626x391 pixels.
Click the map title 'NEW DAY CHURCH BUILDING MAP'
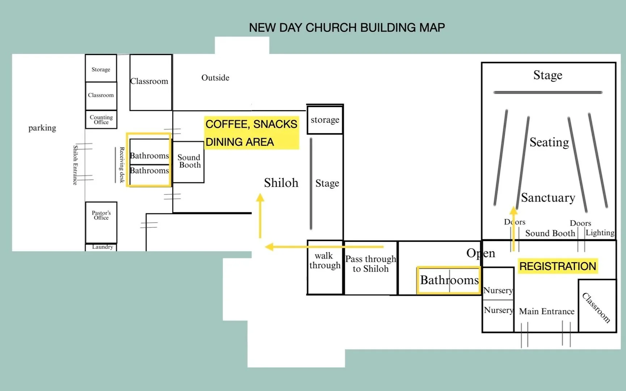point(347,28)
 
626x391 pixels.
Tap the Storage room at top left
point(101,69)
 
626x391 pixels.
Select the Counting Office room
point(101,119)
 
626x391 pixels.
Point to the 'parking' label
point(42,128)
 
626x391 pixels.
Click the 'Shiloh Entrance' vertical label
point(75,165)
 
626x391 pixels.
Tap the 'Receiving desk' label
point(122,165)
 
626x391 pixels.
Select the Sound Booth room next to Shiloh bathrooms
point(189,161)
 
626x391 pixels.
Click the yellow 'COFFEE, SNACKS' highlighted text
point(251,124)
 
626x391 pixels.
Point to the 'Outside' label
point(215,78)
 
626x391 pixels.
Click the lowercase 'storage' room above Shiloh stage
point(325,120)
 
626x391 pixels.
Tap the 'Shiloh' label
point(281,183)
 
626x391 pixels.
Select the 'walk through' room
point(325,267)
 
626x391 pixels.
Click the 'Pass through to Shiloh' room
point(371,267)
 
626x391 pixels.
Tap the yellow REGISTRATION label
point(558,266)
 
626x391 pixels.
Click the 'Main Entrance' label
point(546,311)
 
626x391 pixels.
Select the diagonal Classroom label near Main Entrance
point(596,307)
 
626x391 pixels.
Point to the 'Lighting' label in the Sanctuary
point(600,233)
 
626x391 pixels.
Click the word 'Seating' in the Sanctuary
point(549,142)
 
